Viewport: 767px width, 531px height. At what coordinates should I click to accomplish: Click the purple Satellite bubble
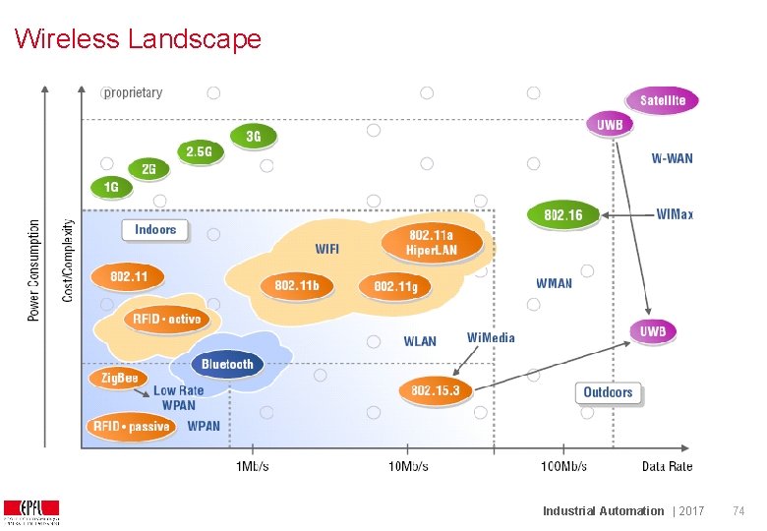click(663, 100)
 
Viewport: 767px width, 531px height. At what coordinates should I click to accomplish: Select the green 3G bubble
click(253, 136)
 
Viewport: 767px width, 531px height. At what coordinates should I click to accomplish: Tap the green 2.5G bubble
click(199, 151)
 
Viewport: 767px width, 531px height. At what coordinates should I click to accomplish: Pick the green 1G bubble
click(111, 186)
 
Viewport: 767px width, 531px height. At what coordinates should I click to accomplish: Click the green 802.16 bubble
click(562, 214)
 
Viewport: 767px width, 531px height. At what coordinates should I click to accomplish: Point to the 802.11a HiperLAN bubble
click(432, 242)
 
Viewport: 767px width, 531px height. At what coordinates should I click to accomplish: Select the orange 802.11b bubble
click(296, 285)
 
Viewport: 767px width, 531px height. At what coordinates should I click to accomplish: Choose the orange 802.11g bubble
click(395, 286)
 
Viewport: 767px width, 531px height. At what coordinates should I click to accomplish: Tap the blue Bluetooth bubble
click(227, 364)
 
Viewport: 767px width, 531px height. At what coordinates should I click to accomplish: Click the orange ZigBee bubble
click(118, 378)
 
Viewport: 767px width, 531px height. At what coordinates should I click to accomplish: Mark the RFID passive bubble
click(131, 426)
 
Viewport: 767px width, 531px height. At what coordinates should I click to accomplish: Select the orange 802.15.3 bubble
click(435, 390)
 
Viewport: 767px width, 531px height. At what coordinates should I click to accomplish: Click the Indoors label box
click(155, 229)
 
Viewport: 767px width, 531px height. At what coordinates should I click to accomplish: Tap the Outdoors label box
click(608, 392)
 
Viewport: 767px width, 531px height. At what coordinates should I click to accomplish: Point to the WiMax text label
click(675, 213)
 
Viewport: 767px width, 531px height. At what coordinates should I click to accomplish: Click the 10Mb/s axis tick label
click(407, 466)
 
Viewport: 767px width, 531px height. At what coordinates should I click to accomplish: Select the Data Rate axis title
click(667, 466)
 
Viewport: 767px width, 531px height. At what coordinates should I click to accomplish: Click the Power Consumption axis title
click(34, 269)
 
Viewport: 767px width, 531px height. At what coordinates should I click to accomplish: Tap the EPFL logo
click(31, 511)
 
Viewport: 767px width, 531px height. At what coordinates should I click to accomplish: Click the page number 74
click(740, 510)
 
